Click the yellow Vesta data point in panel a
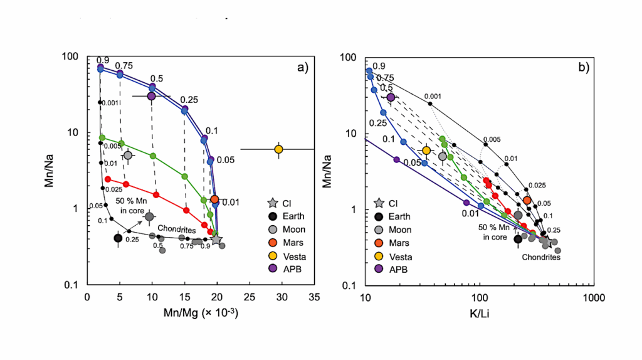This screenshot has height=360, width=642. pos(278,149)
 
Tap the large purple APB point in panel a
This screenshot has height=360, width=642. pos(151,96)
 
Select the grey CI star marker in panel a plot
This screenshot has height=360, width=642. pos(216,239)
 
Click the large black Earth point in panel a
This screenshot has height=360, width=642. pos(118,238)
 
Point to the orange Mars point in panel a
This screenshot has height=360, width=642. pos(214,199)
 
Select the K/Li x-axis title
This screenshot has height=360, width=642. pos(479,312)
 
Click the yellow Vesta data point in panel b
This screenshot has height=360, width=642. pos(426,151)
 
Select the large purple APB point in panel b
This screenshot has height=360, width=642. pos(391,97)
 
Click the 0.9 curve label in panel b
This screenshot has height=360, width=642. pos(379,66)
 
